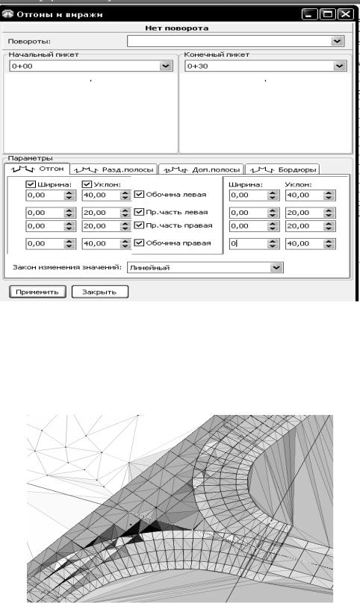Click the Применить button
(x=37, y=292)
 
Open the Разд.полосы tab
(x=114, y=169)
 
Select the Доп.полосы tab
(x=202, y=169)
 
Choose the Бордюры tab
(x=282, y=169)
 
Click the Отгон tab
(x=37, y=169)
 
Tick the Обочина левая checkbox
(x=139, y=194)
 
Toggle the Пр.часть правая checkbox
(x=139, y=225)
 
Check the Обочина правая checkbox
(x=139, y=243)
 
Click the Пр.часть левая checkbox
(x=139, y=212)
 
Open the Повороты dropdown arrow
(x=338, y=41)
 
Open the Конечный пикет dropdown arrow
(x=339, y=66)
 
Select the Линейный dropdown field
(x=205, y=268)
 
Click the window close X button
(x=345, y=15)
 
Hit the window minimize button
(x=310, y=15)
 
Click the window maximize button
(x=328, y=15)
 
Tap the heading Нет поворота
(x=177, y=28)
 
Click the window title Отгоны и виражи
(x=60, y=15)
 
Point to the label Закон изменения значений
(x=67, y=267)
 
